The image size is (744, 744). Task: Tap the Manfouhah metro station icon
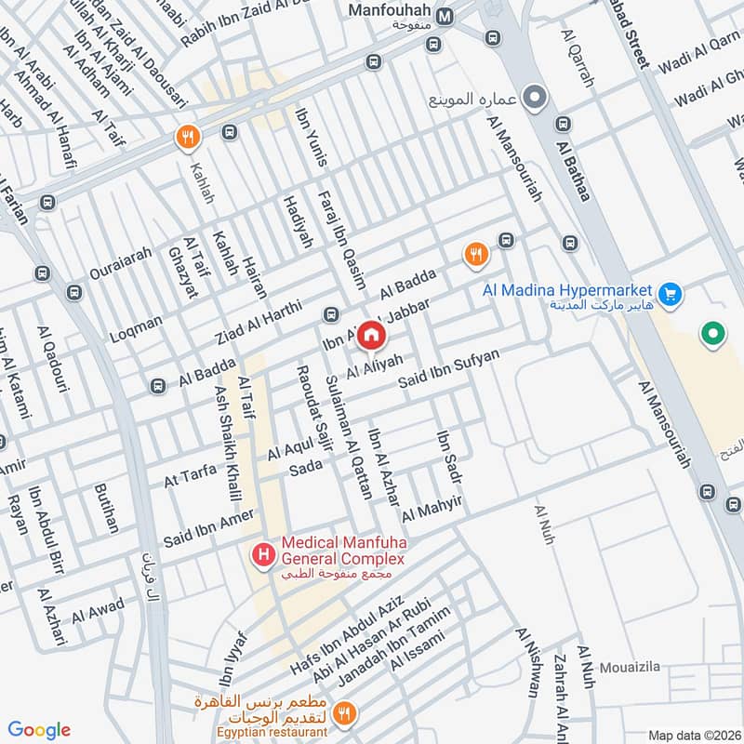point(445,16)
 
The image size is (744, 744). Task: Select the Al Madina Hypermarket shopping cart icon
point(673,297)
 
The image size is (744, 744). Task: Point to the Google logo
point(39,730)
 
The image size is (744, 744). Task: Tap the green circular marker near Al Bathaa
point(712,332)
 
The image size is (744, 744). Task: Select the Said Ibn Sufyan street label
point(449,369)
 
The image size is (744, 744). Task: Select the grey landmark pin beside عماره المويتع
point(535,97)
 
